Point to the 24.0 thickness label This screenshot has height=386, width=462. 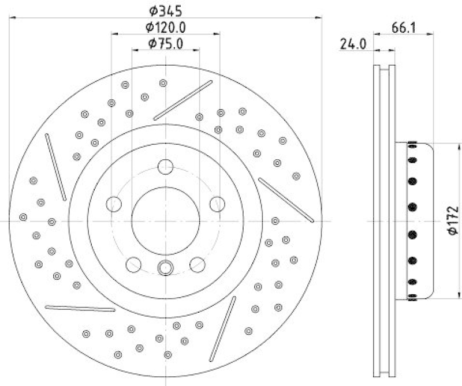[x=353, y=44]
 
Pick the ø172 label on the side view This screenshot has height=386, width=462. [x=453, y=220]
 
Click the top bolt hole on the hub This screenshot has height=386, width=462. [x=166, y=167]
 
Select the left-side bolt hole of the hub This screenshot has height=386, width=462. [x=114, y=204]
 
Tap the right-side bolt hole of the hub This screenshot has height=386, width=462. [x=217, y=204]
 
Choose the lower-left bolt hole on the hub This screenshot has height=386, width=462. [x=133, y=264]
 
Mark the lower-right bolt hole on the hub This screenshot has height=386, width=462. [x=198, y=264]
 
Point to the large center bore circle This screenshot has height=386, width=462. [x=165, y=220]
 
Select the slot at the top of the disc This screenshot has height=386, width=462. [x=183, y=100]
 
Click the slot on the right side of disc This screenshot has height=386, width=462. [x=286, y=200]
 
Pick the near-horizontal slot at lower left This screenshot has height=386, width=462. [x=72, y=308]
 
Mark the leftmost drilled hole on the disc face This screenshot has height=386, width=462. [x=23, y=217]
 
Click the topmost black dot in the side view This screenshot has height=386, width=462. [x=412, y=145]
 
